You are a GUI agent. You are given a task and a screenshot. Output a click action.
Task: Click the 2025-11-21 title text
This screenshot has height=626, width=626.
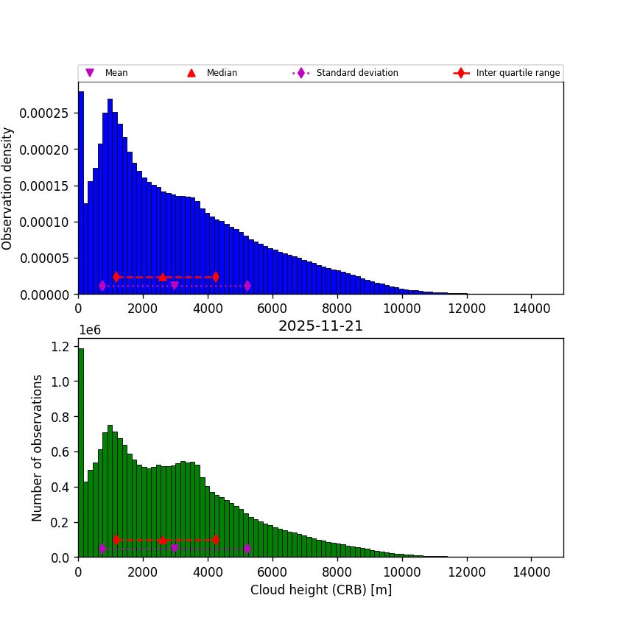[320, 326]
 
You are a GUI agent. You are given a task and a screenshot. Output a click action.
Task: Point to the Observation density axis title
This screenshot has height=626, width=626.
[8, 188]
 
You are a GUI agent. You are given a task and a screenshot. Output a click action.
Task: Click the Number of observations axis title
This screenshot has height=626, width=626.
[38, 448]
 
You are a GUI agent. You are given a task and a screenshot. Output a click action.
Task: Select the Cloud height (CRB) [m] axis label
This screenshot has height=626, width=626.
[320, 590]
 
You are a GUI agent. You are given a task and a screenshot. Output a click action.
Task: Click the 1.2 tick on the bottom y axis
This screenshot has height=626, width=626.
[62, 346]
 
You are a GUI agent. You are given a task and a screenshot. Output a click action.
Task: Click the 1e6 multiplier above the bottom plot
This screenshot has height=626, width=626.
[89, 330]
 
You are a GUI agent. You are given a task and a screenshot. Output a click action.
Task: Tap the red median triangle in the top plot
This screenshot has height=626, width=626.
[162, 277]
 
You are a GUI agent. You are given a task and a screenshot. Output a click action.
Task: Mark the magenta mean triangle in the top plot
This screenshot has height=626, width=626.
[174, 285]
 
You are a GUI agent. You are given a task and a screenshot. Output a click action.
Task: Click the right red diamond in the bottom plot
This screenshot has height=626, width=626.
[215, 540]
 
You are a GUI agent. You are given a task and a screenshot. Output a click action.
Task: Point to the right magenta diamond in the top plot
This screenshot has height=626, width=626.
[247, 286]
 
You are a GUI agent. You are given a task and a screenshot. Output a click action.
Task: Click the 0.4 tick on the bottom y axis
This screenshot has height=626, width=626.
[62, 487]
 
